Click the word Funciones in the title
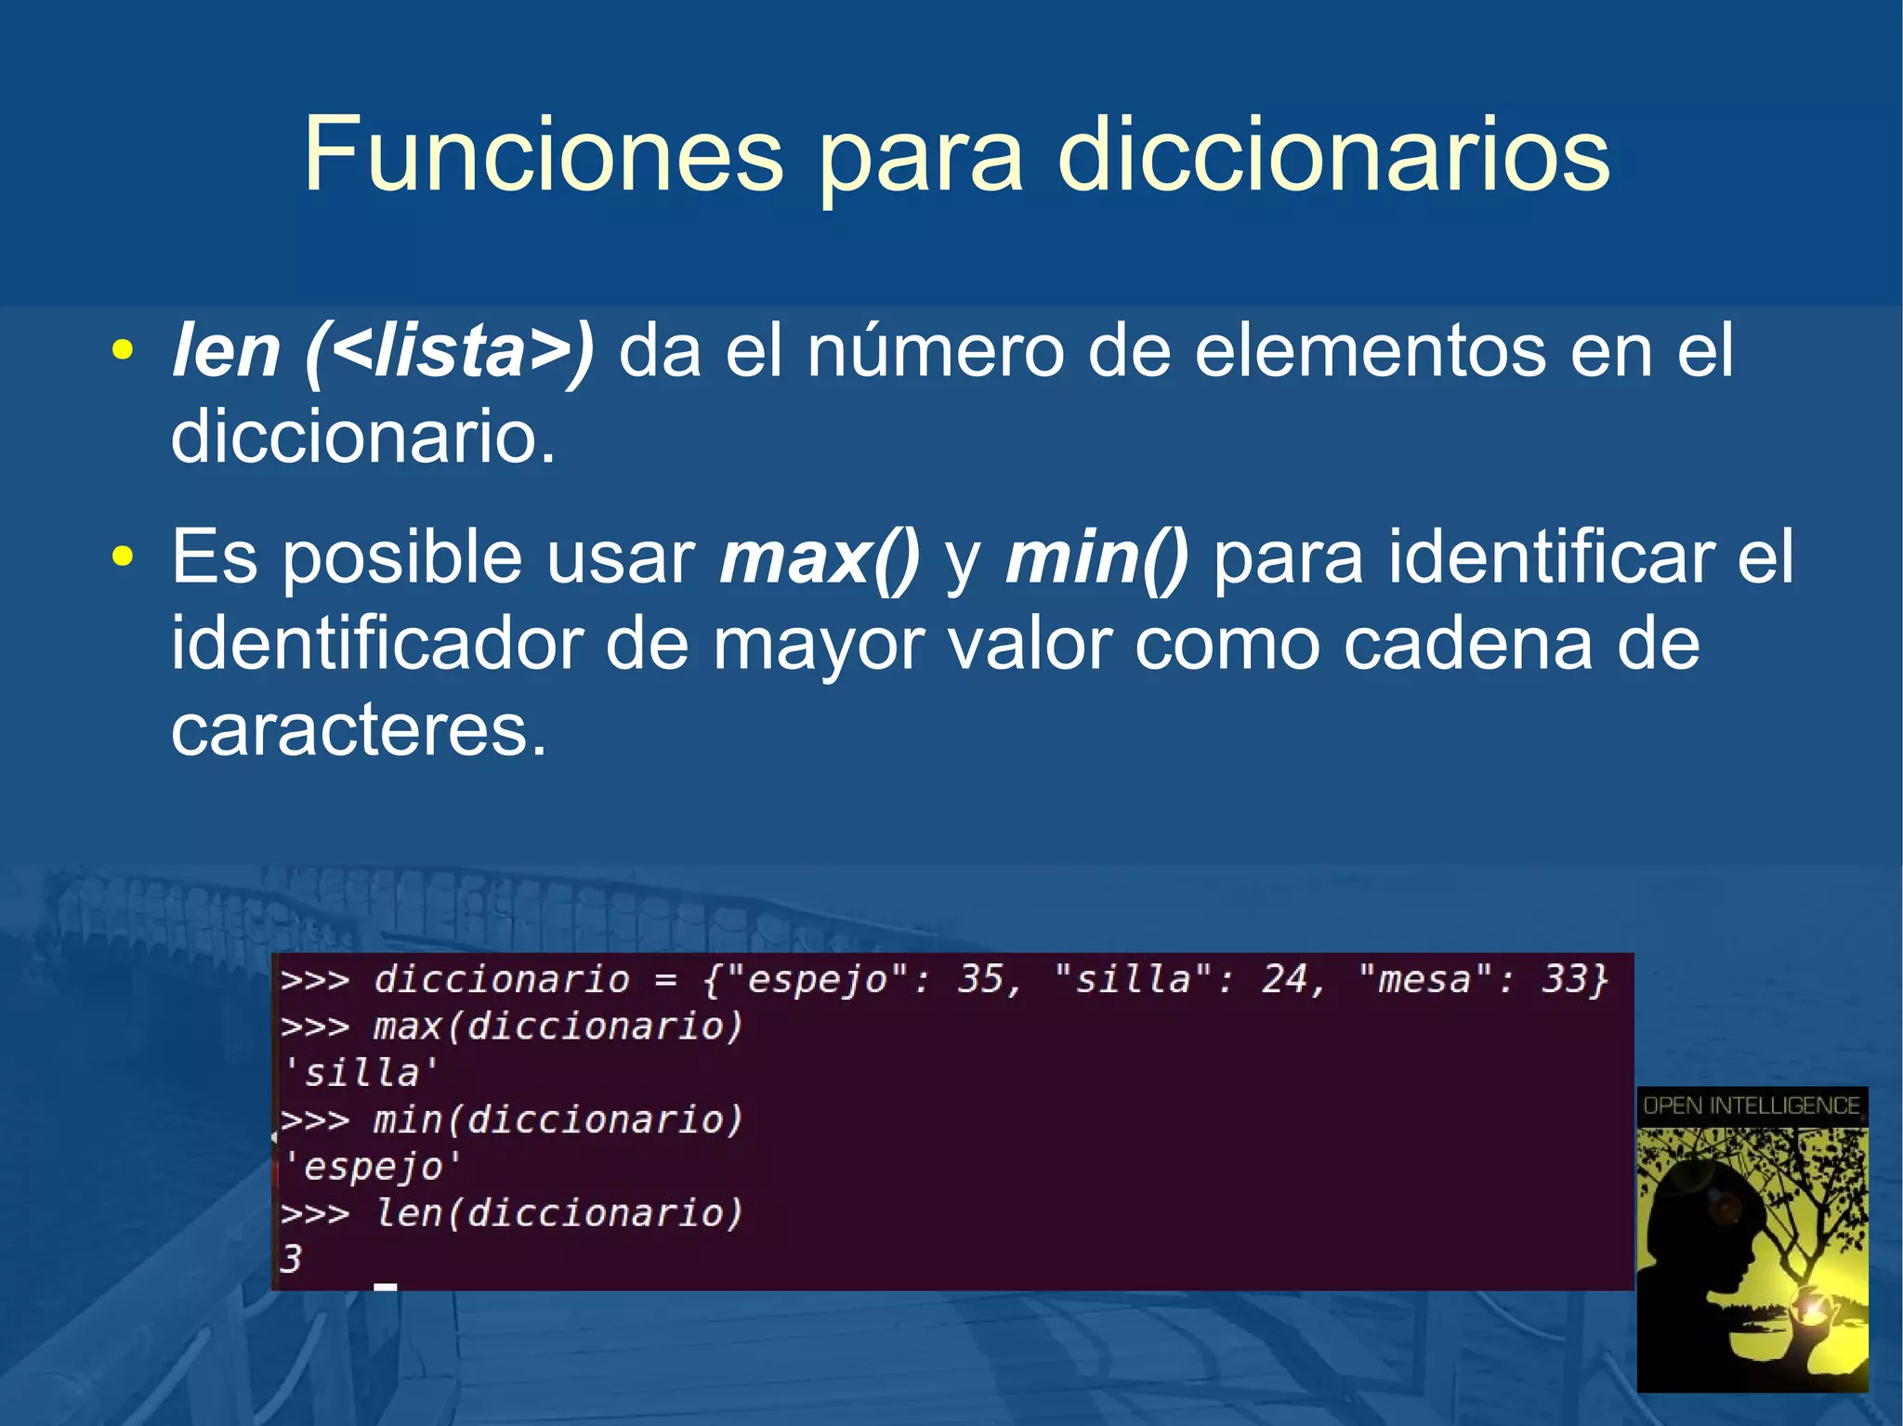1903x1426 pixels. tap(544, 154)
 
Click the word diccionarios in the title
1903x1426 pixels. tap(1333, 154)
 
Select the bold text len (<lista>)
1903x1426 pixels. tap(383, 351)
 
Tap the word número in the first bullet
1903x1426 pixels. tap(935, 351)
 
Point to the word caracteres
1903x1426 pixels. tap(359, 729)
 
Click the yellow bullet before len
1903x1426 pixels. tap(122, 352)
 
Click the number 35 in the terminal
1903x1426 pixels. tap(982, 979)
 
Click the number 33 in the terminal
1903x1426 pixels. tap(1564, 979)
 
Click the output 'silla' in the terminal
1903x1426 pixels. tap(361, 1073)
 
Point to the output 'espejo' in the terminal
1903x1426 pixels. tap(372, 1166)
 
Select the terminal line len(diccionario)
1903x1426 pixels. tap(558, 1213)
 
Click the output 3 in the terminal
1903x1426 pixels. tap(291, 1260)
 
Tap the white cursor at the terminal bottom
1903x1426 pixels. tap(385, 1287)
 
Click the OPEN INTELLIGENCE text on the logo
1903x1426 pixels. tap(1752, 1105)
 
